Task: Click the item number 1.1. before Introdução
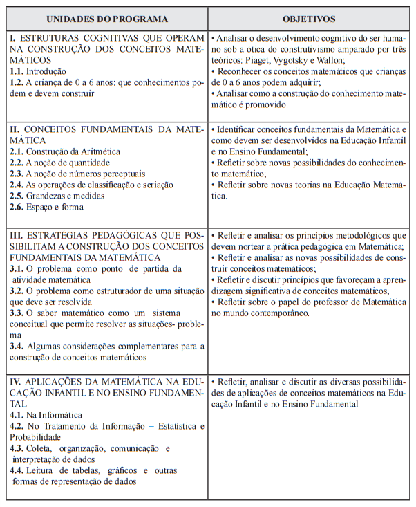click(18, 72)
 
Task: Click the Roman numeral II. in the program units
click(15, 129)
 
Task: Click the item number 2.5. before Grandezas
click(18, 196)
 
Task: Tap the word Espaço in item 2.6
click(44, 207)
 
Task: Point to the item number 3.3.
click(18, 313)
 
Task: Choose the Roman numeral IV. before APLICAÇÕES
click(16, 382)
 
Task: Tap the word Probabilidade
click(39, 437)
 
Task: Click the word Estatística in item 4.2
click(170, 426)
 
